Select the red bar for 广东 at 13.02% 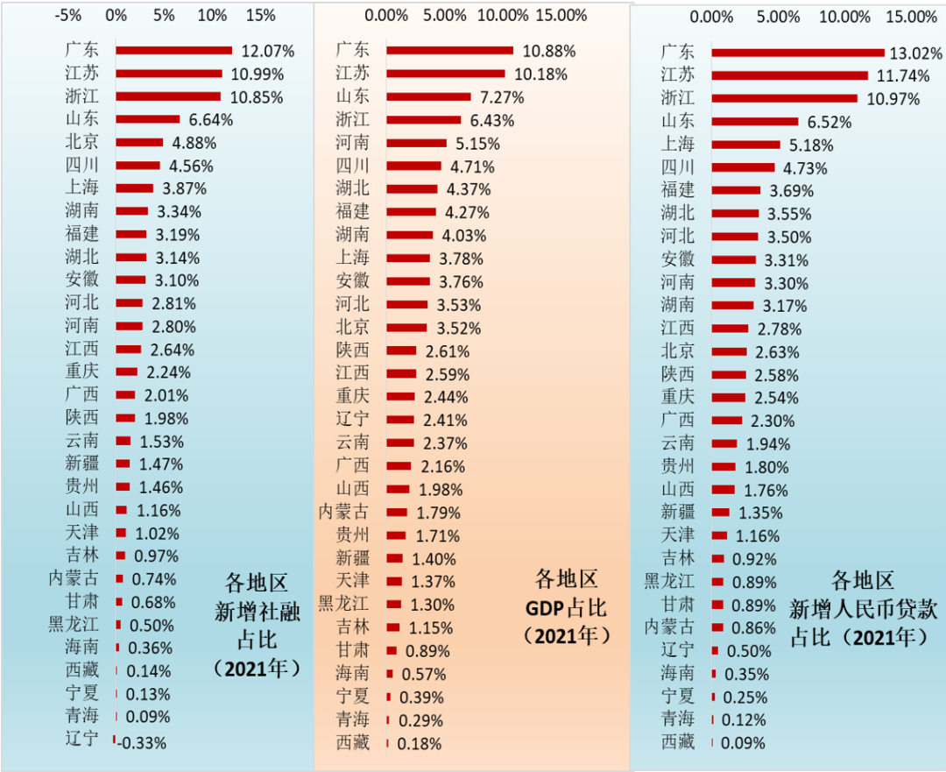tap(798, 53)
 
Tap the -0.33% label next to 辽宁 tap(142, 743)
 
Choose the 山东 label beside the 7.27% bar tap(353, 96)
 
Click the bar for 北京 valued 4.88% tap(139, 142)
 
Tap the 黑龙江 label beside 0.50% tap(74, 625)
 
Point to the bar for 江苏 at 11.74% tap(789, 75)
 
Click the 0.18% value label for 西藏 tap(419, 743)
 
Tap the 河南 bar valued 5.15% tap(416, 143)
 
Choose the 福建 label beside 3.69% tap(678, 190)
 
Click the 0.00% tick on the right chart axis tap(711, 18)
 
